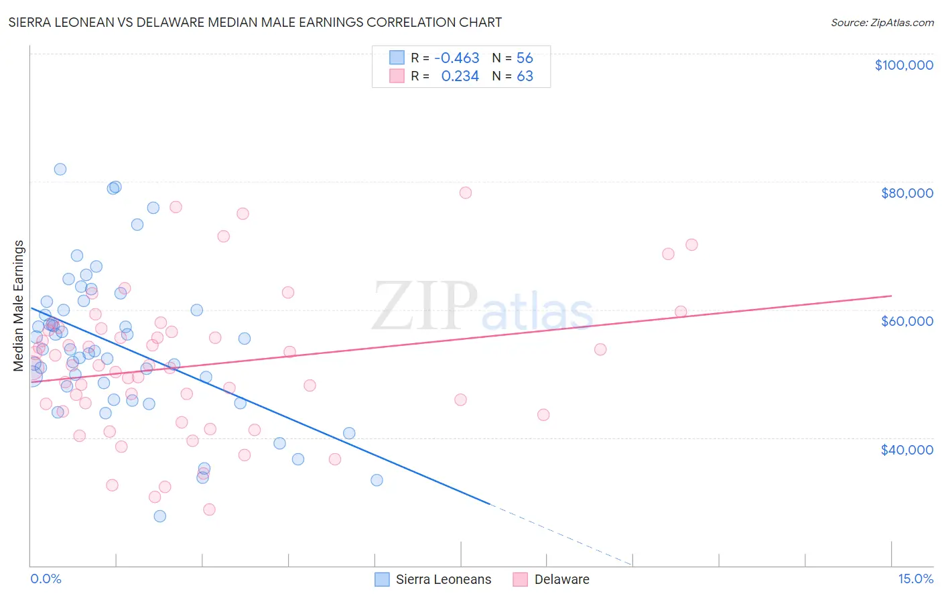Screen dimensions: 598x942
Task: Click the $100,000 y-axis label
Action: [904, 65]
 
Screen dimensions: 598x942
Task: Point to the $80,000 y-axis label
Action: [906, 193]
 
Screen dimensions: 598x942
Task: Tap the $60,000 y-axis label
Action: [906, 321]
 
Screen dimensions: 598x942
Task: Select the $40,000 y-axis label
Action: [906, 450]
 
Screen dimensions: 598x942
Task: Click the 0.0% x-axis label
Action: [46, 579]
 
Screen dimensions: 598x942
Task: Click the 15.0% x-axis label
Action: [915, 579]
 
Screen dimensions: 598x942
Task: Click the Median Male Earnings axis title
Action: [19, 306]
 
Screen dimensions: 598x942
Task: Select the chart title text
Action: [255, 22]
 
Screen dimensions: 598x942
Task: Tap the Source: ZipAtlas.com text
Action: [882, 22]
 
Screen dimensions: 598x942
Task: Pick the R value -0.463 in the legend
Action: [456, 58]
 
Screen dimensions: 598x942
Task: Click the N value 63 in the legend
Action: [525, 76]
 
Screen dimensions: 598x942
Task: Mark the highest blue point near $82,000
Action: [60, 169]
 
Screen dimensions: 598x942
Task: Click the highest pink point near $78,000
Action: [466, 192]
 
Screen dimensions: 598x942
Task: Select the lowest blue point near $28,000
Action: [159, 516]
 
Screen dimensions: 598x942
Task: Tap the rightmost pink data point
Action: [692, 245]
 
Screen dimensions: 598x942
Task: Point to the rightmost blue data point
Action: [377, 480]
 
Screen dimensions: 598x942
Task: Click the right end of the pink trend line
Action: [891, 296]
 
